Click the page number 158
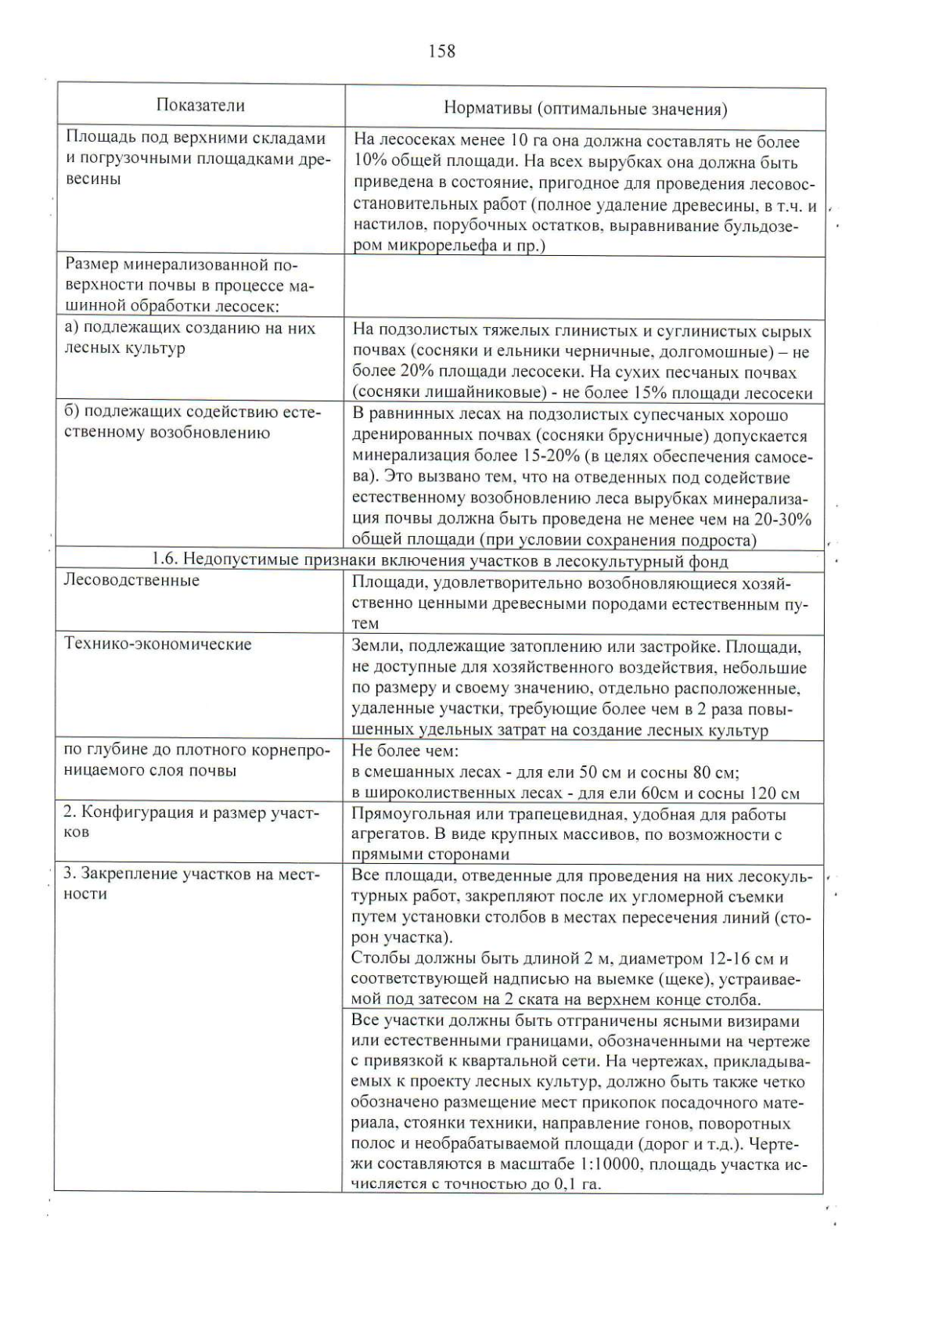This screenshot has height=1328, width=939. pyautogui.click(x=441, y=52)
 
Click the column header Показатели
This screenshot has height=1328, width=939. pyautogui.click(x=200, y=105)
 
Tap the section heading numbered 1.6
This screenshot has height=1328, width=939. pyautogui.click(x=439, y=561)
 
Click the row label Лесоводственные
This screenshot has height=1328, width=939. pyautogui.click(x=131, y=580)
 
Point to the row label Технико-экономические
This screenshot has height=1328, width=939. pyautogui.click(x=157, y=644)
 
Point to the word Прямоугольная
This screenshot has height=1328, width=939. pyautogui.click(x=403, y=814)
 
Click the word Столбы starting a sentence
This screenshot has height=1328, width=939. pyautogui.click(x=376, y=959)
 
